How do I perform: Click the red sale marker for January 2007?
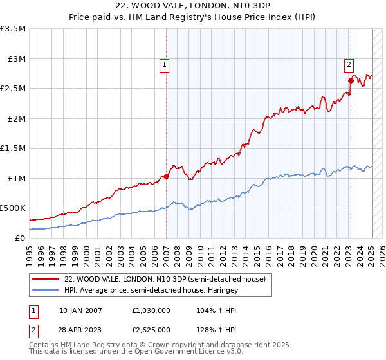click(x=166, y=176)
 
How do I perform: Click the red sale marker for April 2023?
click(x=351, y=80)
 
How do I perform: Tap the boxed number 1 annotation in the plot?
click(x=165, y=64)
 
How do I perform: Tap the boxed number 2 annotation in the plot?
click(x=349, y=64)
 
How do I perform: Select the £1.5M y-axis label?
click(x=14, y=148)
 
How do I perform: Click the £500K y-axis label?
click(x=14, y=208)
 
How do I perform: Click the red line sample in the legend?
click(x=46, y=279)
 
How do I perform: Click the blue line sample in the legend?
click(x=46, y=291)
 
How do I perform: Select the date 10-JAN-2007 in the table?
click(x=79, y=310)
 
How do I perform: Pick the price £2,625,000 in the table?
click(x=151, y=331)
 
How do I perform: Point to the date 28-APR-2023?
click(x=79, y=331)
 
